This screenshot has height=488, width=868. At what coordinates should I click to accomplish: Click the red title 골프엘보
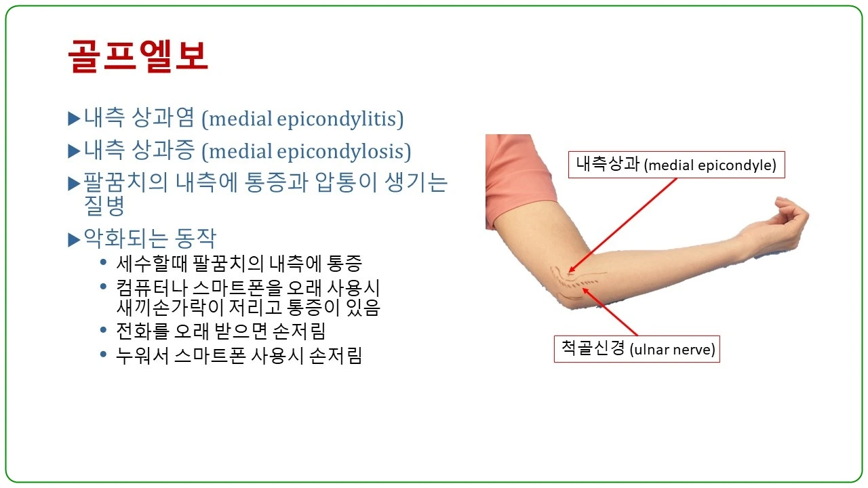tap(138, 56)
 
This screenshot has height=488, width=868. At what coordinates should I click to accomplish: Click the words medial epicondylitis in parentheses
tap(306, 119)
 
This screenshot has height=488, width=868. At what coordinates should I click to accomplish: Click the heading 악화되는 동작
tap(149, 239)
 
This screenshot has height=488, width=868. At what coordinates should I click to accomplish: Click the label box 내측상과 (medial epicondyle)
tap(676, 165)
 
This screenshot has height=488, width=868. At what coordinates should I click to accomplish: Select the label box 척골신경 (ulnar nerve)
tap(637, 349)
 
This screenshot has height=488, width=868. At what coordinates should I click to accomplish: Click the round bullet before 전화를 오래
tap(103, 331)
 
